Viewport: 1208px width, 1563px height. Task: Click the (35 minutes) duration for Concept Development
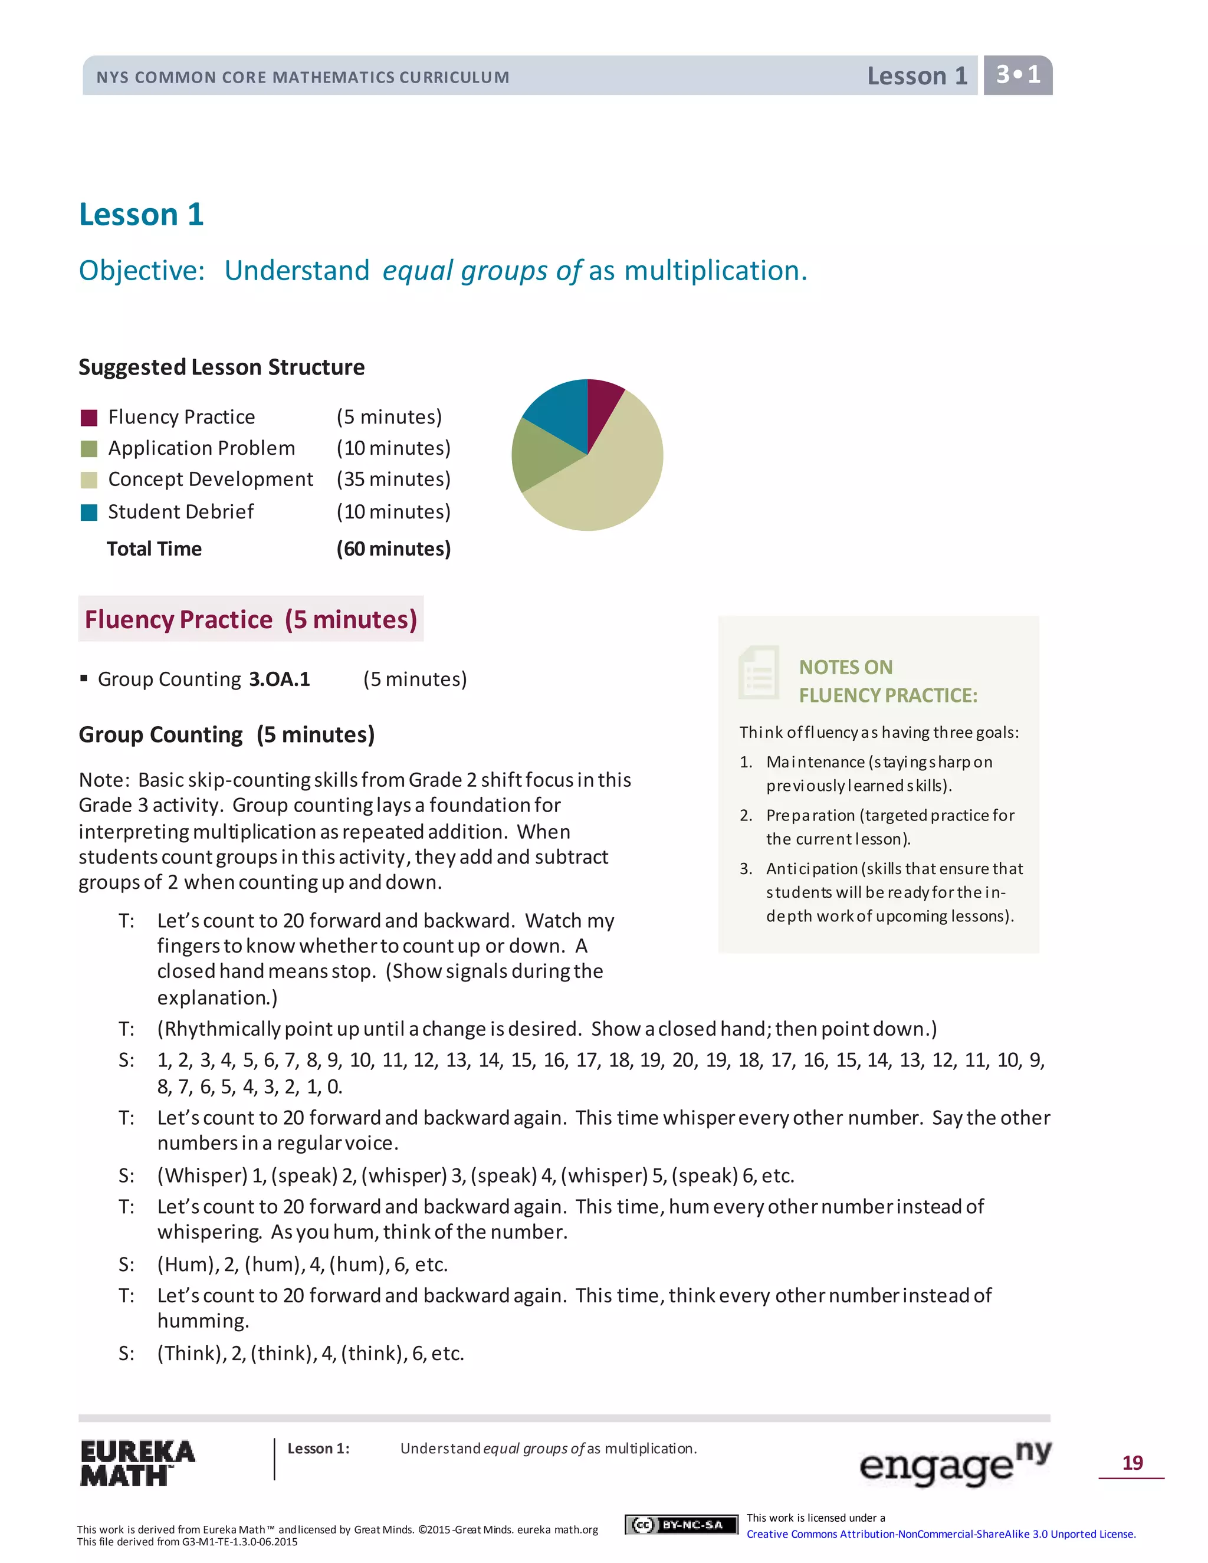(x=393, y=479)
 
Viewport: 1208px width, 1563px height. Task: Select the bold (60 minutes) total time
(x=393, y=549)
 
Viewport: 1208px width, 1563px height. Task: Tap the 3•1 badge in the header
(x=1017, y=75)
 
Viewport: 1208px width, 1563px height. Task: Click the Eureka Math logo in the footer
(x=137, y=1463)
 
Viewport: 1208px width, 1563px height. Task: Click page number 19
(x=1132, y=1462)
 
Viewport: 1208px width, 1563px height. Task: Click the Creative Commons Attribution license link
(x=940, y=1534)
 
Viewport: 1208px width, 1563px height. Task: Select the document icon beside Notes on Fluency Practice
(x=759, y=673)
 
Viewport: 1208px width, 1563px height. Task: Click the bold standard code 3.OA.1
(x=279, y=679)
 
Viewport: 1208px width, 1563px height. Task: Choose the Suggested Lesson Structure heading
(x=221, y=367)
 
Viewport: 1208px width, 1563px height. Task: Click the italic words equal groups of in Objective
(x=482, y=271)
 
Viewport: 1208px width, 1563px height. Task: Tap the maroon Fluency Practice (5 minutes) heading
(x=251, y=619)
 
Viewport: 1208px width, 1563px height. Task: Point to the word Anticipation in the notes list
(x=812, y=868)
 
